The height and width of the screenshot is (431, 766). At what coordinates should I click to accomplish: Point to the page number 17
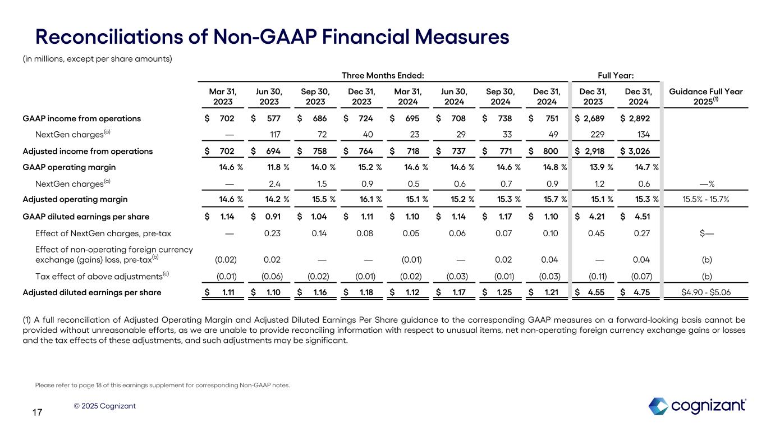[x=37, y=413]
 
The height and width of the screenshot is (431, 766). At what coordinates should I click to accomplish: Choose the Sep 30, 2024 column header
[x=499, y=96]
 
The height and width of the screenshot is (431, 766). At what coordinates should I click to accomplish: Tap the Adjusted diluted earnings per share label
[x=91, y=292]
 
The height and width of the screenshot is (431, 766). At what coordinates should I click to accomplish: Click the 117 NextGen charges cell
[x=273, y=135]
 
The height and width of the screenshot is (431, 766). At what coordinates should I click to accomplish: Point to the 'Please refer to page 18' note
[x=162, y=385]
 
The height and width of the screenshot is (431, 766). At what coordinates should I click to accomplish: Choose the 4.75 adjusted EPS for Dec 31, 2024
[x=642, y=292]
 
